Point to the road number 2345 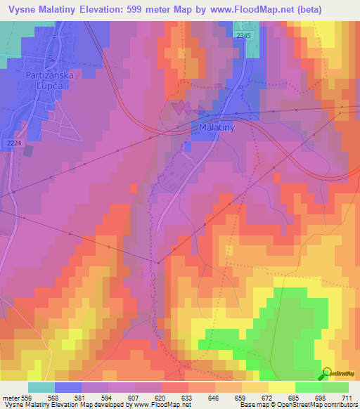click(243, 35)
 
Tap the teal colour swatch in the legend click(41, 387)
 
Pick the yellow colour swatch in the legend click(282, 387)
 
